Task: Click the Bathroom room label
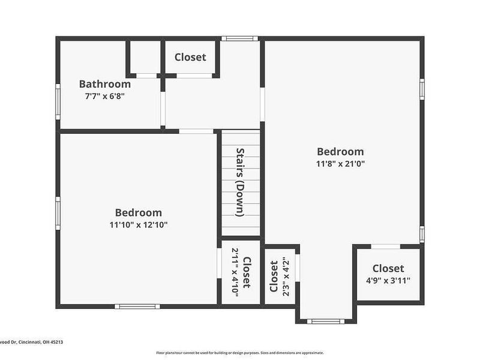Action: (x=104, y=84)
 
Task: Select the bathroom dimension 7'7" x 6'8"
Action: (x=104, y=96)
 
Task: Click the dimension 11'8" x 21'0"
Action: (x=340, y=163)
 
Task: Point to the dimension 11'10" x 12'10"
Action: (x=138, y=224)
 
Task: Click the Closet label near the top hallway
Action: (x=190, y=57)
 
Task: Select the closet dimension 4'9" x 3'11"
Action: (x=388, y=280)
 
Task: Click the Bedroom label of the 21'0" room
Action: (x=340, y=152)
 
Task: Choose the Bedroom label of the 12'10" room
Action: (x=138, y=212)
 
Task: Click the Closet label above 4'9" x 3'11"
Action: (x=388, y=268)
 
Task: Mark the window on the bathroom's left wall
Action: (x=58, y=101)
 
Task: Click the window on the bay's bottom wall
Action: (x=326, y=321)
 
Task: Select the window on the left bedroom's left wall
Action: (x=58, y=214)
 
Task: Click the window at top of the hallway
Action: (x=239, y=38)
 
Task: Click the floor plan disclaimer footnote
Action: (x=240, y=353)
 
